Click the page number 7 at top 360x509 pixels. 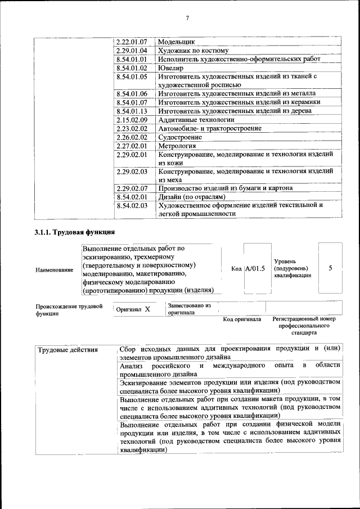[187, 19]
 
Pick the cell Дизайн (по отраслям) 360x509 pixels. [192, 197]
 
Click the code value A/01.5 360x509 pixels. [255, 268]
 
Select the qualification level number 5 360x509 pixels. [330, 268]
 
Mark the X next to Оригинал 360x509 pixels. [147, 309]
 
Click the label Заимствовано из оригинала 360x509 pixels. [189, 309]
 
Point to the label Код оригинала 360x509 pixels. [242, 319]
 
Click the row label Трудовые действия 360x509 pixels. [67, 350]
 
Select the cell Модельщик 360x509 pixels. [176, 42]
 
